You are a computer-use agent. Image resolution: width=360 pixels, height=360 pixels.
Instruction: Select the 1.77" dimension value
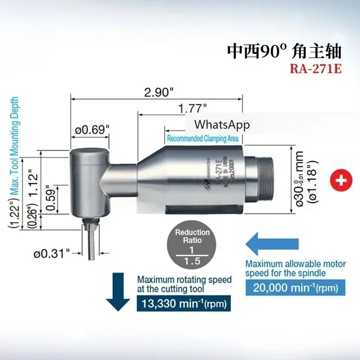(x=192, y=108)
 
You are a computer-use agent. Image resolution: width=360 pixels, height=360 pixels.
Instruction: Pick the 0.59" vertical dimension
(x=50, y=198)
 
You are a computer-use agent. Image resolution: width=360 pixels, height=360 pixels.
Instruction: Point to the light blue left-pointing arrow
(x=270, y=244)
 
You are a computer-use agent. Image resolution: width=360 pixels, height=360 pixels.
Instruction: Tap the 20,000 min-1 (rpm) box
(x=292, y=287)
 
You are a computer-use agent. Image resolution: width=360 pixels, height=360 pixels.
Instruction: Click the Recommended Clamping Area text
(x=202, y=139)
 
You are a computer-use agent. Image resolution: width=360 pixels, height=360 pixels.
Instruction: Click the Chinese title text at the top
(x=283, y=51)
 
